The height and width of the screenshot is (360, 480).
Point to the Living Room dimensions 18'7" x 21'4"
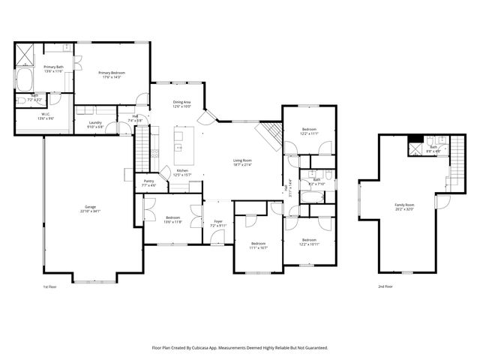coord(241,165)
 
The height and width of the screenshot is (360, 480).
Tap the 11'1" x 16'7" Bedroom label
coord(258,247)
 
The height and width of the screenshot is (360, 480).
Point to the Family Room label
coord(405,204)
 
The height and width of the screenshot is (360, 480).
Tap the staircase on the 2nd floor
coord(451,169)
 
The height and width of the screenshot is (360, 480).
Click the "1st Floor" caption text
coord(51,286)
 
